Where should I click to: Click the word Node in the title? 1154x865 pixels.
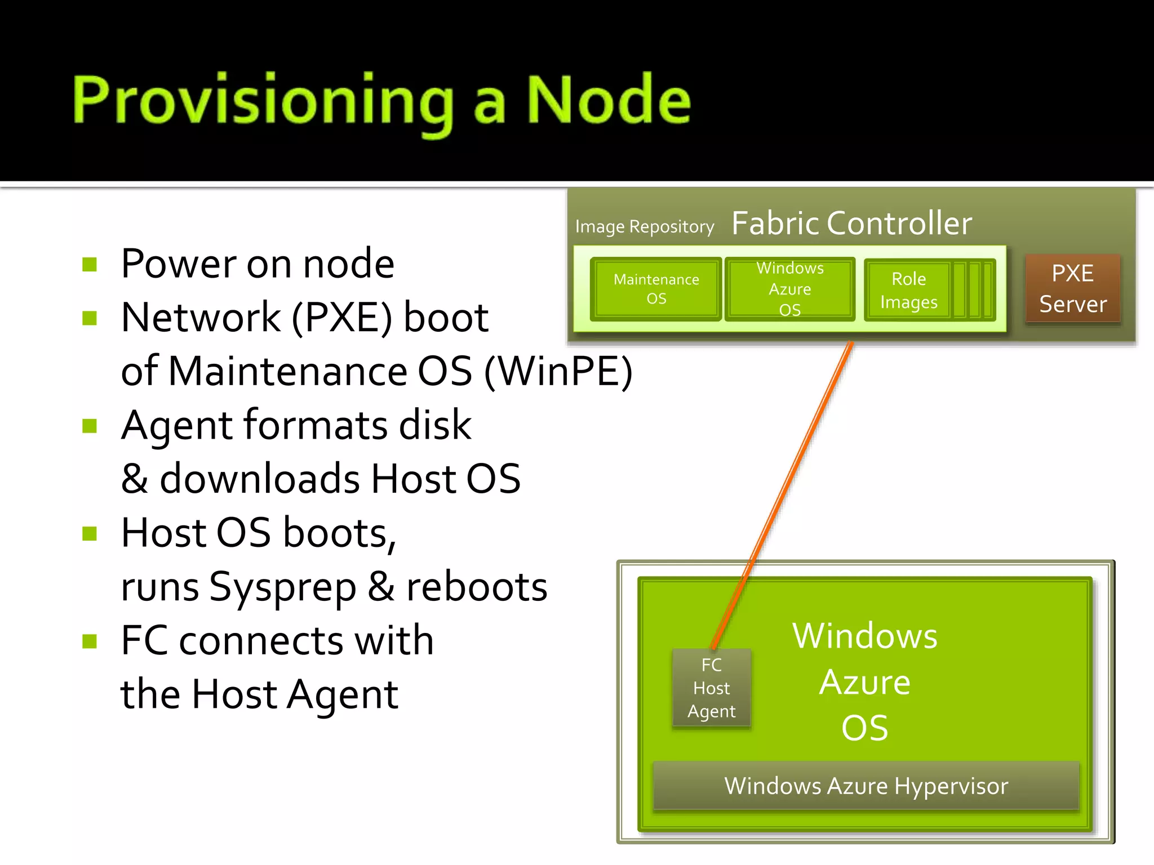[608, 100]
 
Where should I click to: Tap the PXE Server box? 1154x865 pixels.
[1072, 288]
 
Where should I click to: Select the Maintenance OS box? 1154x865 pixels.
[656, 289]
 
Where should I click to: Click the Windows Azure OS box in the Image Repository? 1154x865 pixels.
[789, 289]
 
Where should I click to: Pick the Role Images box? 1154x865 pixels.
[908, 290]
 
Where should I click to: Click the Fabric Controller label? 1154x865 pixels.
[851, 223]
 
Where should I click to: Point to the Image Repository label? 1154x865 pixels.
[644, 226]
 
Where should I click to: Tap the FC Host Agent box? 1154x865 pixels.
[711, 688]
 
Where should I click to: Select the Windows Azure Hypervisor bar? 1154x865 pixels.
[865, 786]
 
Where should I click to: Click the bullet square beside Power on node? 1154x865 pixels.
[90, 264]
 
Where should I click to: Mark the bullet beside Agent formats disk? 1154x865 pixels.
[90, 426]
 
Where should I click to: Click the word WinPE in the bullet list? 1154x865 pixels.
[558, 372]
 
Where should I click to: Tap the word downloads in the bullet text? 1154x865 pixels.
[260, 479]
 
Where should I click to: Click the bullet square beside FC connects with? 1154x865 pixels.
[90, 641]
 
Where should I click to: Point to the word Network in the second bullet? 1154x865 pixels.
[201, 318]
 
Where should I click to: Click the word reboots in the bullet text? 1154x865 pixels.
[477, 587]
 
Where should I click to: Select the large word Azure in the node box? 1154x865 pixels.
[864, 683]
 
